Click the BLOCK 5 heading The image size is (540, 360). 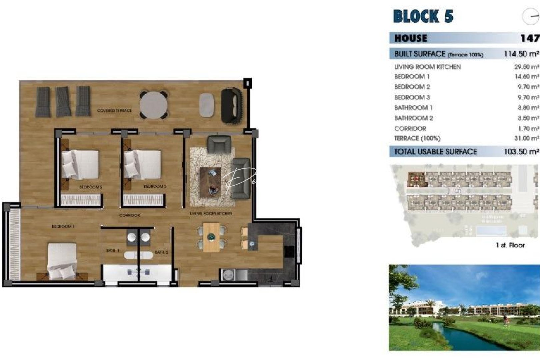423,16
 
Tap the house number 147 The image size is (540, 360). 530,38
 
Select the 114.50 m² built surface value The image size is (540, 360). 521,54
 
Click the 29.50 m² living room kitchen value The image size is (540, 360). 526,67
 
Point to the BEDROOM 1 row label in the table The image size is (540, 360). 412,77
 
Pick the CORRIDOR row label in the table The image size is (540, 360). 410,129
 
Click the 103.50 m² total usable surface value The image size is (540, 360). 521,152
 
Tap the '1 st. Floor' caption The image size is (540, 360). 510,245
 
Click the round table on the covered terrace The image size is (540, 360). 153,105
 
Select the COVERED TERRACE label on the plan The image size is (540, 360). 114,110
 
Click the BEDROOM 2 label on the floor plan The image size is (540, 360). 91,187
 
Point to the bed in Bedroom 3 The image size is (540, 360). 143,164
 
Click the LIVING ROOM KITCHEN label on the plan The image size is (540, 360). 211,213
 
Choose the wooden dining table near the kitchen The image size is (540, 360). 211,237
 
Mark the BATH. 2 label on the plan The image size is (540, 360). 161,252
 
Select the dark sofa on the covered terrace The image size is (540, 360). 231,105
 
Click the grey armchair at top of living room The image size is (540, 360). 219,144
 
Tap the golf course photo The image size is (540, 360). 464,307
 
